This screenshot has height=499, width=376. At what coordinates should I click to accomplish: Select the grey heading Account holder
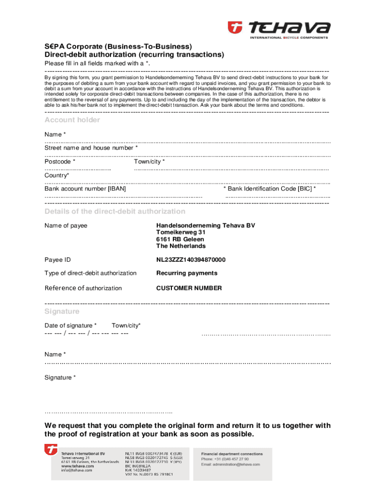[72, 120]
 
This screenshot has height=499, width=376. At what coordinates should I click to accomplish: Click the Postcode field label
[60, 161]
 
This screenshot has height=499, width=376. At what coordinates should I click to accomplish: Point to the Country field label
[57, 175]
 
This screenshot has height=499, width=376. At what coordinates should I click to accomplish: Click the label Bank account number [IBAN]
[85, 188]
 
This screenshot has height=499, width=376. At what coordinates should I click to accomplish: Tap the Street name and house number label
[91, 148]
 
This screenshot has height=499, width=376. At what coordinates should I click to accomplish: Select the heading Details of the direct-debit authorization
[115, 211]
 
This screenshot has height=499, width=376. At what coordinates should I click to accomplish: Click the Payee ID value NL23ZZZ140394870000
[190, 260]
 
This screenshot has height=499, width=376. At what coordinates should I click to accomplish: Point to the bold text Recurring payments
[187, 273]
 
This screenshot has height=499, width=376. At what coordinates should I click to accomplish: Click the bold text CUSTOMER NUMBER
[188, 288]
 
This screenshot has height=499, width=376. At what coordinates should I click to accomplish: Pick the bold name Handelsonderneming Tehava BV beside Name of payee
[205, 226]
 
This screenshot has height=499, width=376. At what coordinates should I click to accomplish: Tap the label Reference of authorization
[83, 288]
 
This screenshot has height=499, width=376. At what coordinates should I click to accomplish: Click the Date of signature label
[70, 325]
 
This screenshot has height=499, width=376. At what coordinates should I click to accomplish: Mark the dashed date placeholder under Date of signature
[86, 333]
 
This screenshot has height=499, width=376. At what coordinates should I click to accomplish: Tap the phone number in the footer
[225, 459]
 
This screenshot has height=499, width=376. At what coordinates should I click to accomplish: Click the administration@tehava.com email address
[230, 464]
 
